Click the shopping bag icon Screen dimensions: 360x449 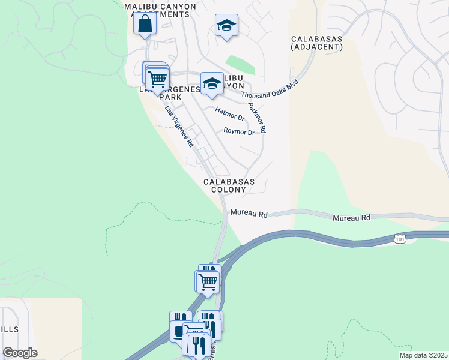pos(145,24)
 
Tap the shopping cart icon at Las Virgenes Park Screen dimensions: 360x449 pos(157,79)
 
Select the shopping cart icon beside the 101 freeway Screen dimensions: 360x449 pos(208,280)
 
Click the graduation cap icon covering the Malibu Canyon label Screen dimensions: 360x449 pos(212,83)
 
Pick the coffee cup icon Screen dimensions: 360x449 pos(179,331)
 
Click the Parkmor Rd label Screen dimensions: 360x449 pos(258,118)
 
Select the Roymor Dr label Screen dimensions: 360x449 pos(239,131)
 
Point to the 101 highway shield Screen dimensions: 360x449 pos(400,239)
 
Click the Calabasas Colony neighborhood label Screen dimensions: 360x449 pos(229,185)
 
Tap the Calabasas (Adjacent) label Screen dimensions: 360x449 pos(316,42)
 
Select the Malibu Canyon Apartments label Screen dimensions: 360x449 pos(160,10)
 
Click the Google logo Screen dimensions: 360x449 pos(20,353)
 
